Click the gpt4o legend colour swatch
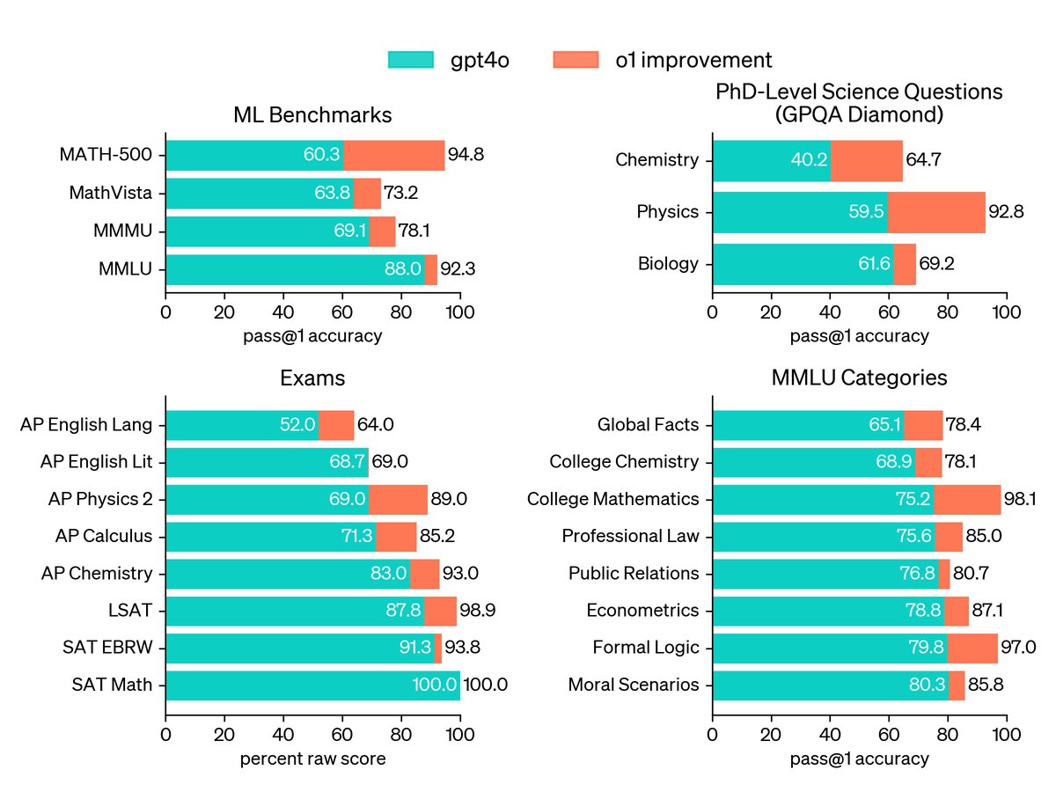[x=412, y=60]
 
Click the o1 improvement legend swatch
[x=576, y=60]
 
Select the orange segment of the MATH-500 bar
[x=393, y=156]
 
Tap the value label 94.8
[x=466, y=156]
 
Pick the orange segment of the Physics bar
[x=936, y=212]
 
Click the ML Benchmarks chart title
[x=312, y=115]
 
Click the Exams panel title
[x=312, y=378]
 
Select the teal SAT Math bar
[x=312, y=686]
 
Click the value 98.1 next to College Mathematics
[x=1023, y=500]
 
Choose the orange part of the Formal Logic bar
[x=972, y=649]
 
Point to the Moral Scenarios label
[x=634, y=686]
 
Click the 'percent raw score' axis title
[x=312, y=759]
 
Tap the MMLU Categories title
[x=859, y=378]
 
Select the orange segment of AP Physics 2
[x=398, y=500]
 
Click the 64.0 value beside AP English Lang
[x=376, y=425]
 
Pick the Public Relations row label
[x=634, y=574]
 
